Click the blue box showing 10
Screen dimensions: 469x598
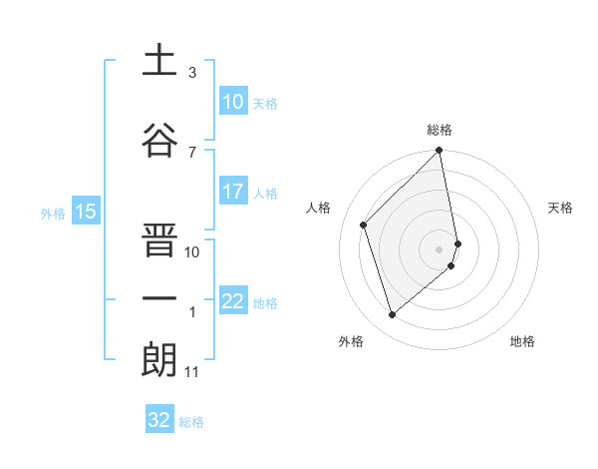tap(233, 102)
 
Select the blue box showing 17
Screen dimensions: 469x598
tap(233, 192)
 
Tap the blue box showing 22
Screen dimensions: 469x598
tap(233, 301)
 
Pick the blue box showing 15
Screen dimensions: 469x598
tap(86, 211)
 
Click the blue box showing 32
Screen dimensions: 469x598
tap(159, 420)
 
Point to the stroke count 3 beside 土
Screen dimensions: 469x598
tap(192, 73)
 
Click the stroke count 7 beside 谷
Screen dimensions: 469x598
tap(192, 152)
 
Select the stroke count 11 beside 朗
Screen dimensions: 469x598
tap(192, 372)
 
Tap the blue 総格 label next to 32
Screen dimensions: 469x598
tap(191, 422)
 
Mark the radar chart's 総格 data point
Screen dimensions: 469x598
tap(440, 152)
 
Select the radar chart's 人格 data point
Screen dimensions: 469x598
tap(364, 225)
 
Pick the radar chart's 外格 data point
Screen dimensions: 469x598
tap(392, 315)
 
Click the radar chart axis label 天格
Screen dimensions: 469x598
tap(560, 208)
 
